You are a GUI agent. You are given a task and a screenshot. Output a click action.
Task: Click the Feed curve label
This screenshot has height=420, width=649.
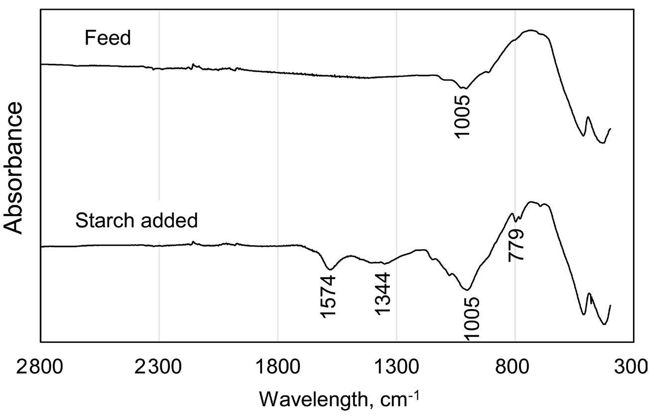click(x=108, y=38)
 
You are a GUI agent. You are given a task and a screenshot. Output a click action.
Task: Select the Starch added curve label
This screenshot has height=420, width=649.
click(x=136, y=220)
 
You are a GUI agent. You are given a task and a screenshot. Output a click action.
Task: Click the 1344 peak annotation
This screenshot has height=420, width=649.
click(x=383, y=293)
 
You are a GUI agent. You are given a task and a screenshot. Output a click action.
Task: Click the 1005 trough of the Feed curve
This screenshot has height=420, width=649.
click(x=464, y=88)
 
